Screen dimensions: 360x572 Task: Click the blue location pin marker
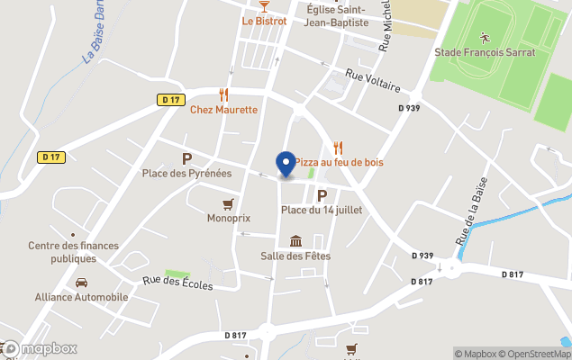pos(286,164)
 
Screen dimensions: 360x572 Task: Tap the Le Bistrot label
pos(264,21)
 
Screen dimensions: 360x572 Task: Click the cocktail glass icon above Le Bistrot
pos(264,5)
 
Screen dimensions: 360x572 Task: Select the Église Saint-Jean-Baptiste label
pos(337,16)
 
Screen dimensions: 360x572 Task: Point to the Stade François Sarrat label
pos(485,52)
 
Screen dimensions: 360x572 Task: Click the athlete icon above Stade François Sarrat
pos(485,37)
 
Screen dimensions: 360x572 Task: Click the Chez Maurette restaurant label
pos(223,110)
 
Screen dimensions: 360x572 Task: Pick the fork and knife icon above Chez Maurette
pos(223,94)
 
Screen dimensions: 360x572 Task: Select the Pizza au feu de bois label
pos(339,162)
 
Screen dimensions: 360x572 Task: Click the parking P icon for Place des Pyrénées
pos(186,158)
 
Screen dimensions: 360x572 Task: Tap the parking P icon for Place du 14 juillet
pos(322,194)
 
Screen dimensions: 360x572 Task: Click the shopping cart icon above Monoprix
pos(229,203)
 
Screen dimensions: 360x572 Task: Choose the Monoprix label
pos(229,218)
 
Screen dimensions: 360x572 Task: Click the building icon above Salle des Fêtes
pos(296,241)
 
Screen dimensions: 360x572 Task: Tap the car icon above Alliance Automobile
pos(81,283)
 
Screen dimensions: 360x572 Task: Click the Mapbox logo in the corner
pos(40,348)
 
